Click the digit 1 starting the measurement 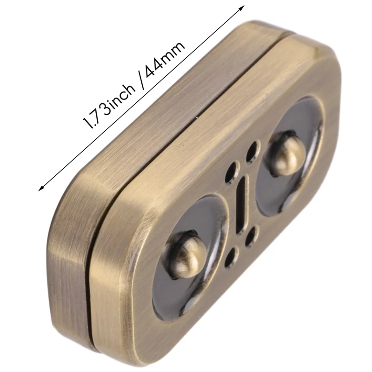(x=86, y=125)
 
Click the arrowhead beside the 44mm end (x=241, y=7)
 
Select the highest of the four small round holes (x=252, y=151)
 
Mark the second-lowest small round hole (x=252, y=235)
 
